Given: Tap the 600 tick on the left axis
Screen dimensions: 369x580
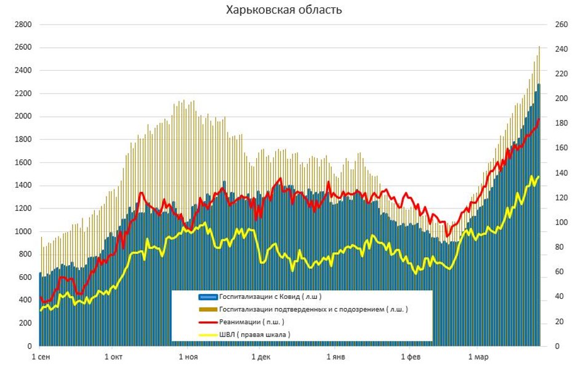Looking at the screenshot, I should click(24, 277).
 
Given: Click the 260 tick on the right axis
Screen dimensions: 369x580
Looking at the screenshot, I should click(561, 25).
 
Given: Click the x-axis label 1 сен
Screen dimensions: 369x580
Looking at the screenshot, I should click(41, 357).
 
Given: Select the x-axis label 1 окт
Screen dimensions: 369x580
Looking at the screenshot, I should click(114, 357).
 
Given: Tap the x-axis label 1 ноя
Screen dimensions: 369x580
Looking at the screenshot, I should click(188, 357).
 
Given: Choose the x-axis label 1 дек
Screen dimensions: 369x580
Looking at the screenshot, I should click(261, 357).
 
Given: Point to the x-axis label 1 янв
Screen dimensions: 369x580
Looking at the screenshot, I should click(335, 357).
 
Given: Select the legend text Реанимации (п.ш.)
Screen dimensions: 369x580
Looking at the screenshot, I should click(252, 322).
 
